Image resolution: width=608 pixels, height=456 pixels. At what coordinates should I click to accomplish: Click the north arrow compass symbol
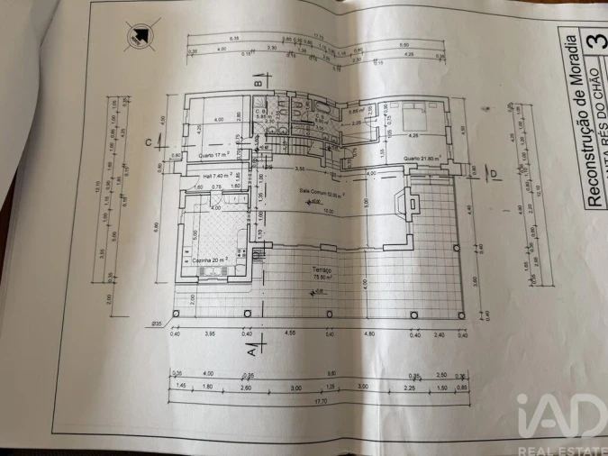point(140,36)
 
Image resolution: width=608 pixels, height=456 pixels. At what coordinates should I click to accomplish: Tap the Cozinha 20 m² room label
point(210,260)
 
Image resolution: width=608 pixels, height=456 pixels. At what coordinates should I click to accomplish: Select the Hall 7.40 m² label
point(219,175)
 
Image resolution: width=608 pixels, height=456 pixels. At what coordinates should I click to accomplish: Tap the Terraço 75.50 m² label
point(322,274)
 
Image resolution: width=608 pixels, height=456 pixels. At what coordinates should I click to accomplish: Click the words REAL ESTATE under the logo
point(560,446)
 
